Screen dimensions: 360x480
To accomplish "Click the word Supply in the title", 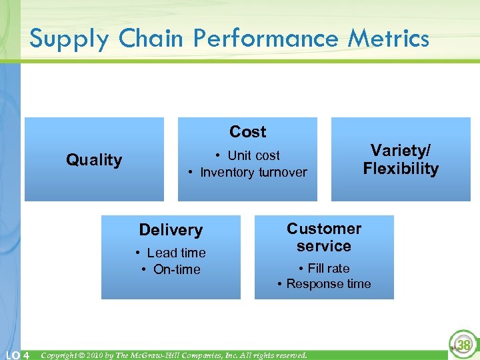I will pyautogui.click(x=69, y=39).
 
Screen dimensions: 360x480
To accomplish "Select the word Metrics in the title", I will pyautogui.click(x=388, y=39).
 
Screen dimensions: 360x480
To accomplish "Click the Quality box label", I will pyautogui.click(x=94, y=160).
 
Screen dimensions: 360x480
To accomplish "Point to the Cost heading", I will pyautogui.click(x=247, y=132).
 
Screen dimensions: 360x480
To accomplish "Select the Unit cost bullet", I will pyautogui.click(x=248, y=155).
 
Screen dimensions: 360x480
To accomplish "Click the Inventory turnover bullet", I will pyautogui.click(x=248, y=172).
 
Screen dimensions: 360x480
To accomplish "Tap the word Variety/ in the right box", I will pyautogui.click(x=401, y=151).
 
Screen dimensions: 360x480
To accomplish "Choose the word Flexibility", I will pyautogui.click(x=401, y=169).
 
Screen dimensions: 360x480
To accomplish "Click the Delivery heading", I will pyautogui.click(x=171, y=230).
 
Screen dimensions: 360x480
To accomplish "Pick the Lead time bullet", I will pyautogui.click(x=171, y=253).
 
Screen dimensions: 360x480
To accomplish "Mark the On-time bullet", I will pyautogui.click(x=171, y=269).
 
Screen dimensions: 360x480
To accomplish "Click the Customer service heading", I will pyautogui.click(x=324, y=237).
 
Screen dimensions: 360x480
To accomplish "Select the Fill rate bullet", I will pyautogui.click(x=324, y=268).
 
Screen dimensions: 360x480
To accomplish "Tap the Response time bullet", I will pyautogui.click(x=324, y=283).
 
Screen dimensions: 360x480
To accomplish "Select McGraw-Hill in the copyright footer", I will pyautogui.click(x=164, y=355).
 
